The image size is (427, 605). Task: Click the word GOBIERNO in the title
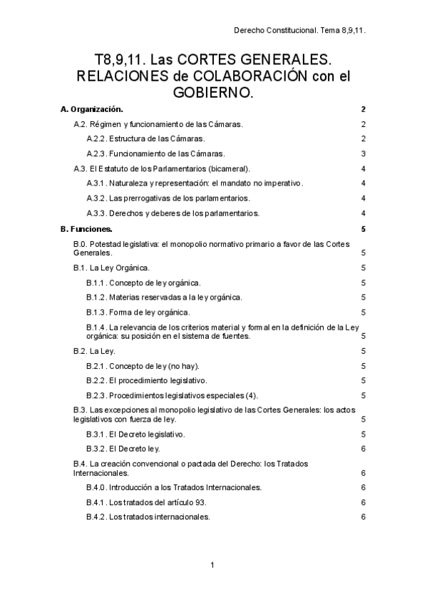pyautogui.click(x=214, y=93)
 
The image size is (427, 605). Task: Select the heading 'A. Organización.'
pyautogui.click(x=92, y=109)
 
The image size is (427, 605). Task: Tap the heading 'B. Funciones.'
pyautogui.click(x=86, y=229)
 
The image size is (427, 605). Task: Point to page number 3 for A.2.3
pyautogui.click(x=364, y=153)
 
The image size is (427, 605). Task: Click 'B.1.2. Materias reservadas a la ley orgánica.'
pyautogui.click(x=165, y=297)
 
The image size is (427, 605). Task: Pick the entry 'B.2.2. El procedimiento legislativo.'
pyautogui.click(x=147, y=380)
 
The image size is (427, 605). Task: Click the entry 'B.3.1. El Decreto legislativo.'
pyautogui.click(x=136, y=434)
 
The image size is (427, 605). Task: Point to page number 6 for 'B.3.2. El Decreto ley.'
pyautogui.click(x=364, y=449)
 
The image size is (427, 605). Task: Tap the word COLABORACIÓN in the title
pyautogui.click(x=245, y=74)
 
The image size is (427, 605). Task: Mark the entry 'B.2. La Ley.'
pyautogui.click(x=95, y=351)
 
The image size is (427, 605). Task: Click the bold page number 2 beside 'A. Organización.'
pyautogui.click(x=364, y=109)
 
